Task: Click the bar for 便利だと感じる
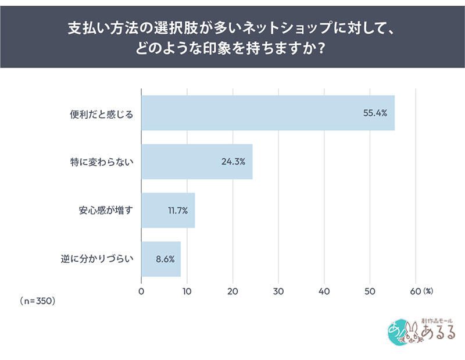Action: point(267,113)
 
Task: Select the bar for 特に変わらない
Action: point(196,161)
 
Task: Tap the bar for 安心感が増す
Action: point(168,210)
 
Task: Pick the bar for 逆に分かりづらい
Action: point(161,259)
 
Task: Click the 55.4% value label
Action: point(375,113)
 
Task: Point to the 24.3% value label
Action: point(233,161)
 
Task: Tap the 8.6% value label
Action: point(164,259)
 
